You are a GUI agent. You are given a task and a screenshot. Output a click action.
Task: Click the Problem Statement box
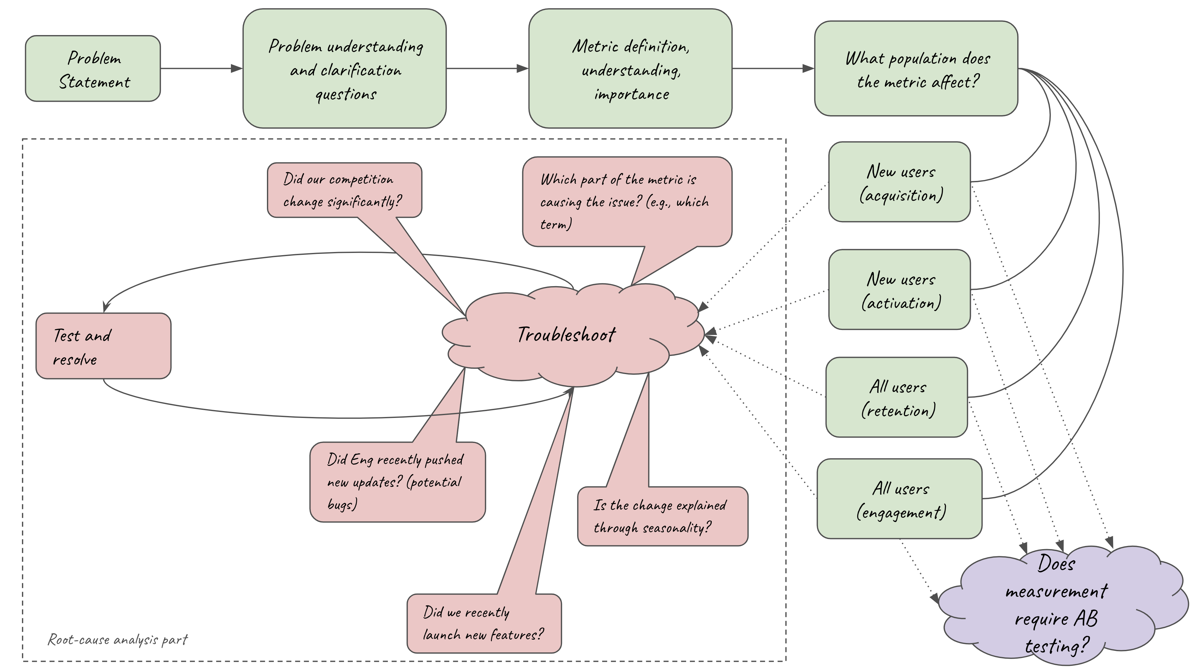coord(93,69)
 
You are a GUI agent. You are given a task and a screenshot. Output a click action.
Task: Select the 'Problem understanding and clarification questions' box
coord(345,69)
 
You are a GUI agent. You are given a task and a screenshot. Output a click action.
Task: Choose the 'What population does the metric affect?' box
coord(916,69)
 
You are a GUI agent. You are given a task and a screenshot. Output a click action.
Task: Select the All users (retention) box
coord(897,397)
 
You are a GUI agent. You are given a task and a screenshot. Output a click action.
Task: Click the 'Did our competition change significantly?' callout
coord(344,190)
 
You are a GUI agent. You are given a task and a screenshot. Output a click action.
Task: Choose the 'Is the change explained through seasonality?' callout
coord(662,516)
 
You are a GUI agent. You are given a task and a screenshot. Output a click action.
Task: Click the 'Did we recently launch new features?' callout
coord(484,623)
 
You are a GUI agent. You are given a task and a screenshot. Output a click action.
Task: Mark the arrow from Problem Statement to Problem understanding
coord(201,69)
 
